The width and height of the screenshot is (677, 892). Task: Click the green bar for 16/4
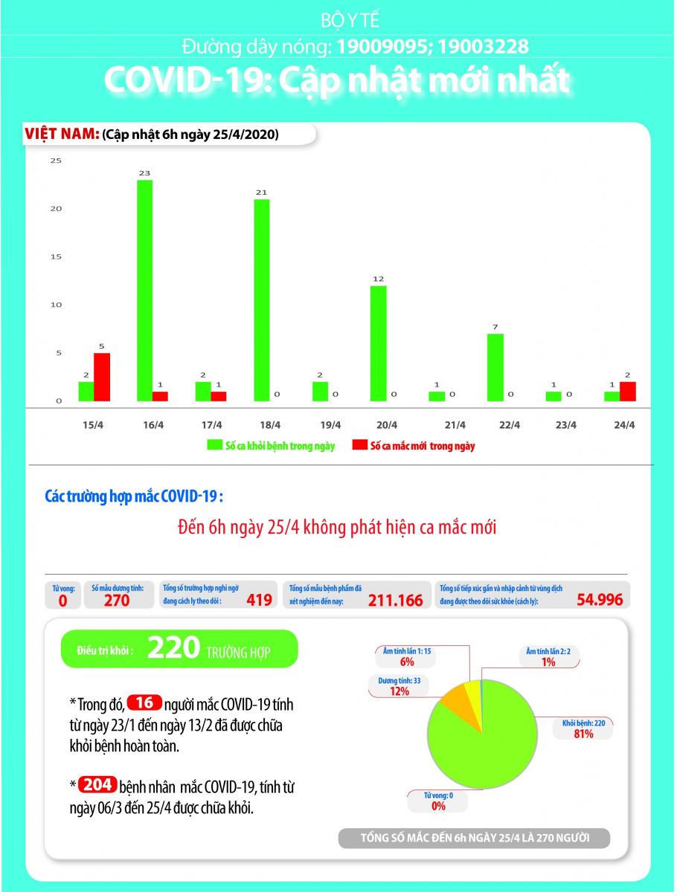coord(144,290)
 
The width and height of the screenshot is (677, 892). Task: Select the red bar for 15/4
coord(101,377)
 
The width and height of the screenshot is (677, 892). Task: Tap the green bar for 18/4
coord(262,300)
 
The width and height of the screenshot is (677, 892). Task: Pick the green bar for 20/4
coord(378,343)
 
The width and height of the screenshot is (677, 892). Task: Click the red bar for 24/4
coord(627,392)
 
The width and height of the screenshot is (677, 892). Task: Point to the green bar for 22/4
coord(495,367)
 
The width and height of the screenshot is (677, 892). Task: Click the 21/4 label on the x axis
coord(455,425)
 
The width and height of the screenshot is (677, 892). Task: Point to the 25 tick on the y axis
coord(56,161)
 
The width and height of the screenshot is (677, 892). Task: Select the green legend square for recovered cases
coord(214,446)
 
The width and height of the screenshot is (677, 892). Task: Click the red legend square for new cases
coord(360,446)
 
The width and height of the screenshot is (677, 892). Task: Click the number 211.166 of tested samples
coord(395,600)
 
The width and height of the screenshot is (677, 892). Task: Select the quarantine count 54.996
coord(600,599)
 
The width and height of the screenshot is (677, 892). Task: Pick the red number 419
coord(259,599)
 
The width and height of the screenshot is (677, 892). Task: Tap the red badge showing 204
coord(97,785)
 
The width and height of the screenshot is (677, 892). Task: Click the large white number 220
coord(173,649)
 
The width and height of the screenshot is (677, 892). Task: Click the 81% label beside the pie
coord(583,734)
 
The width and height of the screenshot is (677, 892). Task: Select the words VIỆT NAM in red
coord(62,135)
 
